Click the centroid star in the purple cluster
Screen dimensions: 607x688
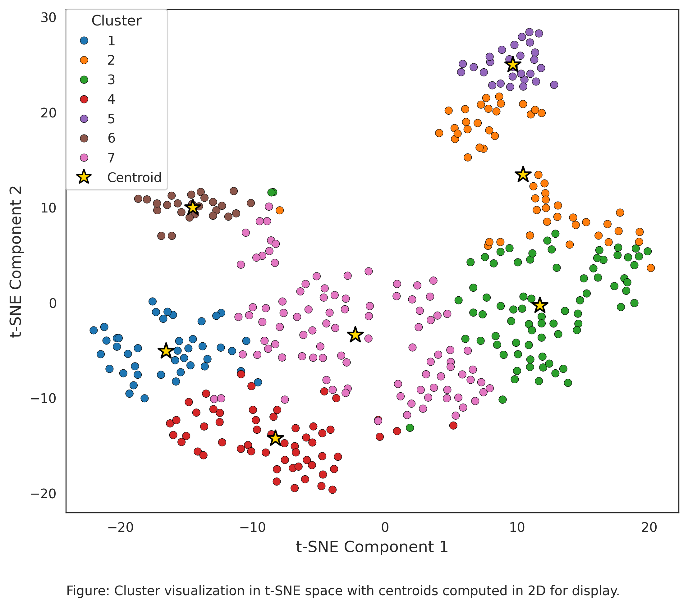tap(512, 64)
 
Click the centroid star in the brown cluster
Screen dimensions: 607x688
tap(193, 207)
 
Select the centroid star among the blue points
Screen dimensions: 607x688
tap(166, 351)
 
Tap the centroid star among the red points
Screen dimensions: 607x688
tap(275, 438)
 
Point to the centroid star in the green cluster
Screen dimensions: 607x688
tap(540, 305)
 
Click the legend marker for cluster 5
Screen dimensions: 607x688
tap(84, 119)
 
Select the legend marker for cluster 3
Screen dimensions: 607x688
tap(84, 80)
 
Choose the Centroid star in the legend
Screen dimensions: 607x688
tap(84, 177)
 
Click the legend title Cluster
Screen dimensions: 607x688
tap(116, 21)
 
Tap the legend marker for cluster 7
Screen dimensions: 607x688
tap(84, 158)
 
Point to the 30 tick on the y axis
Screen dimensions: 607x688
tap(48, 18)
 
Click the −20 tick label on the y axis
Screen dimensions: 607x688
tap(44, 494)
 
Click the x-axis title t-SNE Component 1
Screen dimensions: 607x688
tap(372, 547)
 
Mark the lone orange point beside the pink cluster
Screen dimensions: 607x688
tap(279, 210)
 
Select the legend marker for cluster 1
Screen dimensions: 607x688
tap(84, 41)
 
